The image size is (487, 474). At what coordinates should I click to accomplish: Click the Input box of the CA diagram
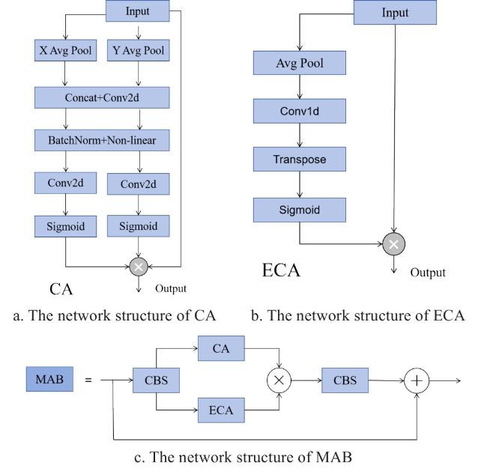pyautogui.click(x=138, y=10)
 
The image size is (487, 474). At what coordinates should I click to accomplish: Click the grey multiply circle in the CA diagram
pyautogui.click(x=139, y=265)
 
